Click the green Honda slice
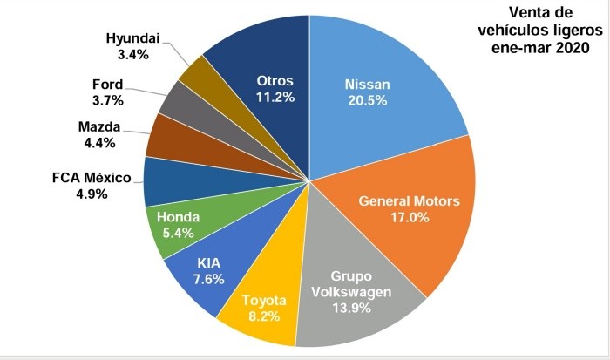pyautogui.click(x=179, y=223)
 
